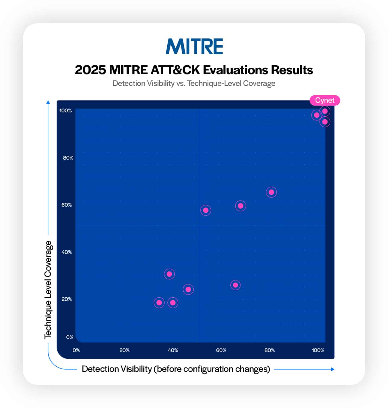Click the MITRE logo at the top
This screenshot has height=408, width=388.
click(194, 46)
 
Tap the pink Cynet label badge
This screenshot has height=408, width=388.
click(325, 101)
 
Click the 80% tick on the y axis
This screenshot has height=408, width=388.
click(68, 158)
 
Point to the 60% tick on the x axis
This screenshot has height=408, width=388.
click(221, 350)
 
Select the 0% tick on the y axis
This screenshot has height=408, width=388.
click(70, 337)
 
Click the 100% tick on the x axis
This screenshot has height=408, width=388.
click(318, 350)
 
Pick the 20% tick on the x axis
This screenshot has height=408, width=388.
click(125, 350)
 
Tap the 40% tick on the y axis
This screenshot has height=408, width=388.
click(66, 252)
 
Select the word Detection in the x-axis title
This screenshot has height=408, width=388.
click(100, 369)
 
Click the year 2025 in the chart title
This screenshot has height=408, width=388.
click(90, 70)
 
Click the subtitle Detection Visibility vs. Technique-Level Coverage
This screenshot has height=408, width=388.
click(194, 83)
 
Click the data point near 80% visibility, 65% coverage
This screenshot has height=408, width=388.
click(271, 192)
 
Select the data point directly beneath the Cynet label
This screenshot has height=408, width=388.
click(325, 111)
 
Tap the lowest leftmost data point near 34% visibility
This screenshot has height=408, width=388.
click(159, 303)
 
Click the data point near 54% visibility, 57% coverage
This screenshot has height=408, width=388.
click(206, 210)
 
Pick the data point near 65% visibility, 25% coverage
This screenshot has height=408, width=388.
click(235, 285)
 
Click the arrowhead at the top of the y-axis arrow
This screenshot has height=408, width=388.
click(48, 102)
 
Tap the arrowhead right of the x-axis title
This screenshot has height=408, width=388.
click(333, 369)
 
